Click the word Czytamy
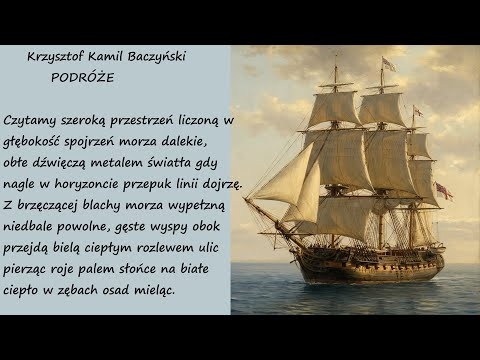coord(31,120)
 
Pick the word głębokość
coord(38,141)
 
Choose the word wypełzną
coord(200,204)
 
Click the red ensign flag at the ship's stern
coord(443,190)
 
